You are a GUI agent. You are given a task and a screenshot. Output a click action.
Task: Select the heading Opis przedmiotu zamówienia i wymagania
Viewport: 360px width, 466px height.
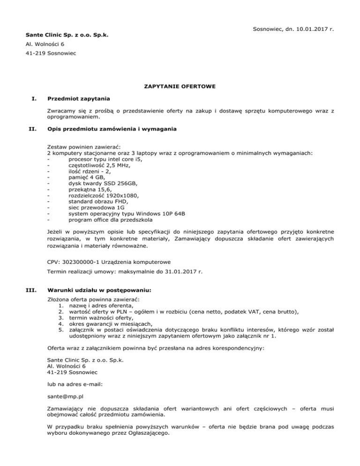[x=112, y=129]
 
